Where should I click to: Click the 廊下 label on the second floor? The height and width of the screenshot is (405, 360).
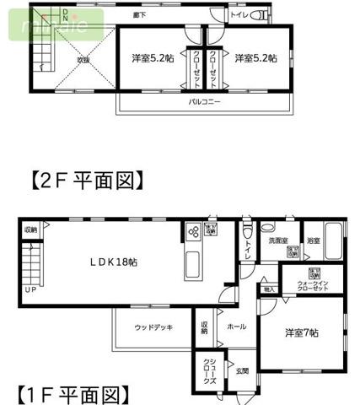(x=161, y=15)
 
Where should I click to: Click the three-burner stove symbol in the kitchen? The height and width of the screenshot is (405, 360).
(x=194, y=232)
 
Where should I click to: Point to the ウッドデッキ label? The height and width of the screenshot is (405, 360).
(x=153, y=327)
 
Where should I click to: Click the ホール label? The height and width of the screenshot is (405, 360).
(x=237, y=327)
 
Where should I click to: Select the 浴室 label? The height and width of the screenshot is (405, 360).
(x=312, y=240)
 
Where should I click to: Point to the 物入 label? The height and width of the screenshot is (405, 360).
(x=269, y=289)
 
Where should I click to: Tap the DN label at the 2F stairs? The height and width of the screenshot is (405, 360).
(x=67, y=13)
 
